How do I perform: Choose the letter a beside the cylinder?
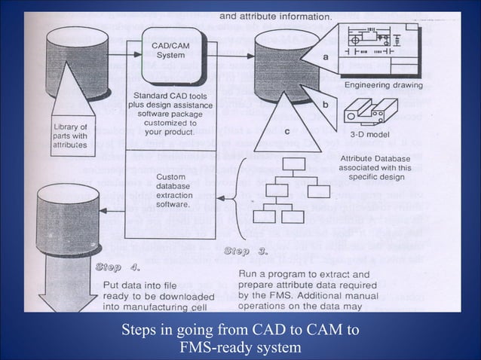325,56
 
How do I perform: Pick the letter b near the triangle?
325,105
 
